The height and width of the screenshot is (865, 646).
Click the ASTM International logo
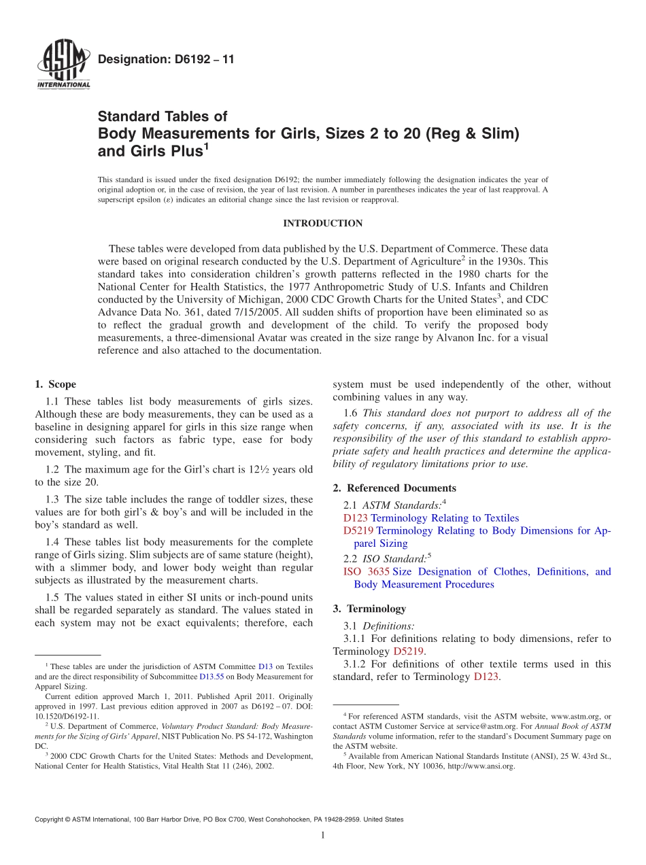point(63,65)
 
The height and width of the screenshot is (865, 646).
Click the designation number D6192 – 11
point(167,59)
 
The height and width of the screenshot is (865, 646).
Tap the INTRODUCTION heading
point(322,223)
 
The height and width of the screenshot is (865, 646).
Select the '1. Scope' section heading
point(55,384)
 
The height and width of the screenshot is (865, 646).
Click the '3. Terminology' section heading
point(369,609)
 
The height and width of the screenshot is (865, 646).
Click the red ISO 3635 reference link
point(367,571)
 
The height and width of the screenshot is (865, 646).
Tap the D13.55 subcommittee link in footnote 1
point(211,677)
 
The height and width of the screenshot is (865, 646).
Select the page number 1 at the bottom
point(322,835)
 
